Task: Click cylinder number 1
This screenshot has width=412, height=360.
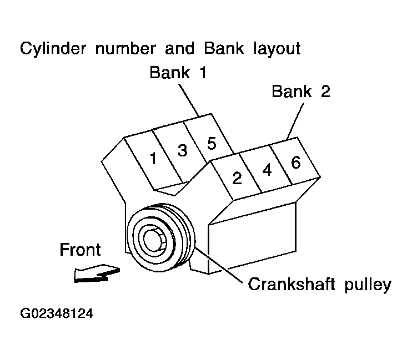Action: click(153, 159)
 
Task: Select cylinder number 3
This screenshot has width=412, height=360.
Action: click(182, 150)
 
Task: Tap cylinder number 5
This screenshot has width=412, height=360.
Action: click(211, 143)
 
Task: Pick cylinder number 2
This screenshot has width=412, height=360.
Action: click(237, 178)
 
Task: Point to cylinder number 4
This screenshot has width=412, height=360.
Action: click(267, 170)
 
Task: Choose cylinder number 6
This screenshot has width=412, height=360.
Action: click(296, 162)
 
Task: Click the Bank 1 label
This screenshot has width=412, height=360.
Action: click(178, 73)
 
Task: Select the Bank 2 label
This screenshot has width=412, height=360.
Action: click(301, 91)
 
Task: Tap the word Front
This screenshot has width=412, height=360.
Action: click(80, 250)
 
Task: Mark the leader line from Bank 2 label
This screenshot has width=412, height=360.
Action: click(295, 119)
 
